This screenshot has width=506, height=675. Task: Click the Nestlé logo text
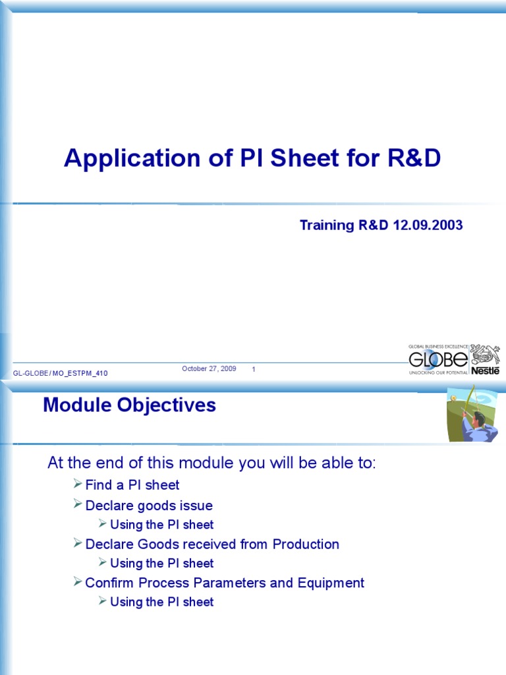[x=485, y=370]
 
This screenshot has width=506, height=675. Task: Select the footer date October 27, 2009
[x=209, y=368]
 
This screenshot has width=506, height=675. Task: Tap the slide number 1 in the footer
[x=254, y=370]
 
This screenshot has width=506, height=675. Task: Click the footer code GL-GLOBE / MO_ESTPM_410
[x=61, y=374]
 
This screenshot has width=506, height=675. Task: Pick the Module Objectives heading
[x=129, y=405]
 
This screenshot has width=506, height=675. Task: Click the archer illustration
[x=472, y=414]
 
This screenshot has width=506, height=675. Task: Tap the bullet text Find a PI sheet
[x=132, y=485]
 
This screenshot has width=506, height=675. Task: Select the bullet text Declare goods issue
[x=149, y=506]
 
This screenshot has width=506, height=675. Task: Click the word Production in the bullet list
[x=306, y=544]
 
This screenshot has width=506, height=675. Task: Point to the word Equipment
[x=331, y=583]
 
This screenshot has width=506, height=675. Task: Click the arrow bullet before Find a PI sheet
[x=78, y=485]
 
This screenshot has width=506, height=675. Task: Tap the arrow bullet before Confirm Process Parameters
[x=78, y=583]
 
